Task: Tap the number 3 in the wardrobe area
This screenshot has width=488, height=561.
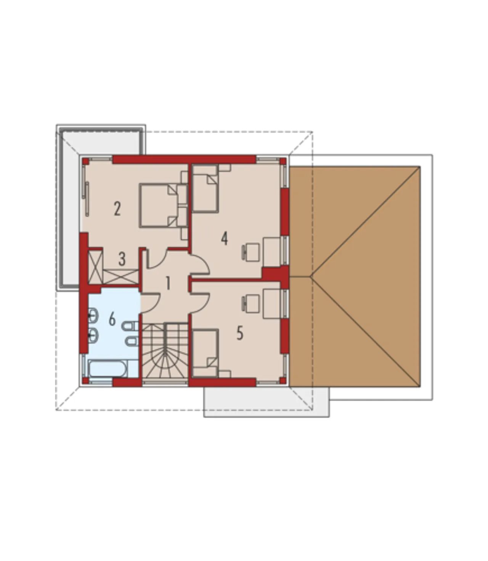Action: [122, 259]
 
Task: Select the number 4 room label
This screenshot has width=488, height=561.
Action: [225, 238]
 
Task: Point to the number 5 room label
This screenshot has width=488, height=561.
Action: [240, 333]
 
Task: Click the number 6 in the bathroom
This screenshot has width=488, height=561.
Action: [112, 319]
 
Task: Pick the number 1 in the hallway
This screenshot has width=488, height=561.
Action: [168, 283]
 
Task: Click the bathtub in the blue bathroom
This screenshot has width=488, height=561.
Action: [108, 368]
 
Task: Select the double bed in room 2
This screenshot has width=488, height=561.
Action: [164, 206]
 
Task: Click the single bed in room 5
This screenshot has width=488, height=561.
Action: [205, 353]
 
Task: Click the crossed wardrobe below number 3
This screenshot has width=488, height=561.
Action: [121, 277]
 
